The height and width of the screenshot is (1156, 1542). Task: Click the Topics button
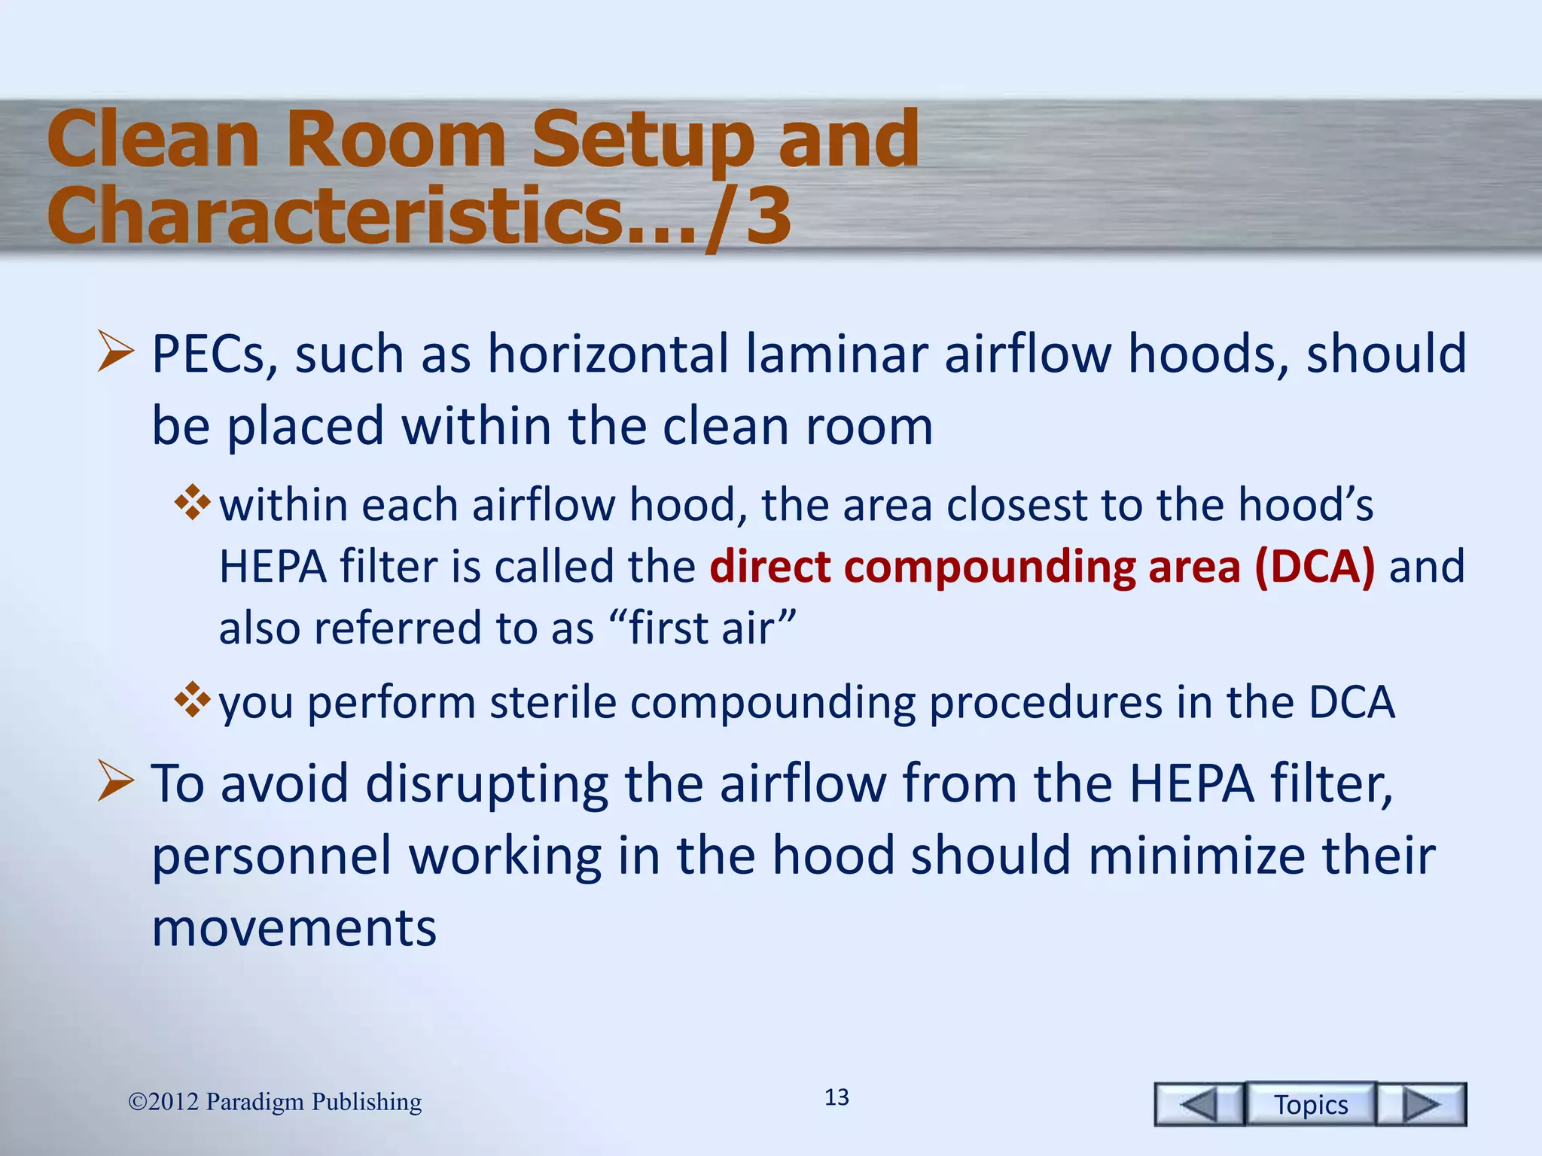point(1310,1104)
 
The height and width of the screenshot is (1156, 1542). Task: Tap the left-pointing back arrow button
point(1199,1105)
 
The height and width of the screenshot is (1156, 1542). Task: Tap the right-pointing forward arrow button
point(1422,1105)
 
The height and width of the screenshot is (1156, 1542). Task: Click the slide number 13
point(837,1097)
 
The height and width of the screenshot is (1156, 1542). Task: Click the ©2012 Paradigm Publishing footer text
point(275,1102)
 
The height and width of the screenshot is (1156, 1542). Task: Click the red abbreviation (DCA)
point(1315,566)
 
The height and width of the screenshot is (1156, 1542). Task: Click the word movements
point(294,927)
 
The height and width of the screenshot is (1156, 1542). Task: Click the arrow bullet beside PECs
point(115,354)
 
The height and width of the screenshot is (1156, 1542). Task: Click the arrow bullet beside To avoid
point(115,783)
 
